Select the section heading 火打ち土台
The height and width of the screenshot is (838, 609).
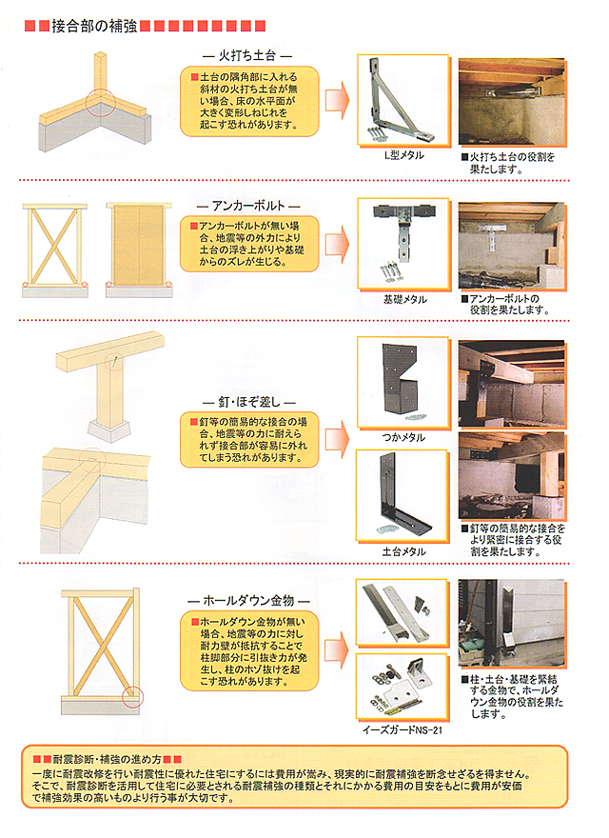click(x=246, y=56)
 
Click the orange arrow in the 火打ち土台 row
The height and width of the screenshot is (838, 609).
click(x=336, y=99)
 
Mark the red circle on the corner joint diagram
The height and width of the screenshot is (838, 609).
click(x=100, y=102)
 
